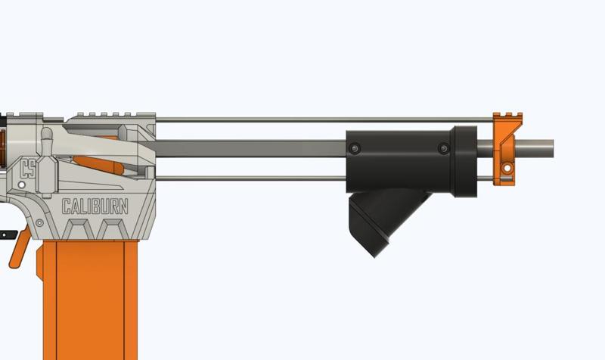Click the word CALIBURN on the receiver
[95, 206]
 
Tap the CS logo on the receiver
[29, 168]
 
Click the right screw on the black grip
[442, 150]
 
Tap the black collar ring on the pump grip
[463, 163]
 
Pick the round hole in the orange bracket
[505, 166]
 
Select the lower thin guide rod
[250, 178]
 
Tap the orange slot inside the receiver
[98, 163]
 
